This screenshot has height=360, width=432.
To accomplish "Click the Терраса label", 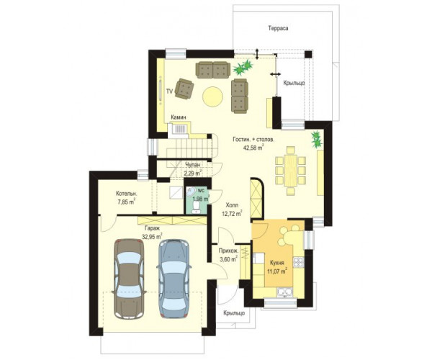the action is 278,28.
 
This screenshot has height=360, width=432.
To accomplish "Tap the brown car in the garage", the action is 129,279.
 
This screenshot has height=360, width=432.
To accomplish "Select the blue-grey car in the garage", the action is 174,278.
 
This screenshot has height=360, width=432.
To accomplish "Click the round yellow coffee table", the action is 212,96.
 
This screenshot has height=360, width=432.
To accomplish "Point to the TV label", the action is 169,91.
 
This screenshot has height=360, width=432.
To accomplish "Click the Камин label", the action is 179,117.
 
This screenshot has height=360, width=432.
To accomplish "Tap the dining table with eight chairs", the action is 290,171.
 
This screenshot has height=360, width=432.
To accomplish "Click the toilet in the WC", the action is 196,207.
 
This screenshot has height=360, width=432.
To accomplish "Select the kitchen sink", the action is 285,292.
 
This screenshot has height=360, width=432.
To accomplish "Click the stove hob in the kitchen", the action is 298,262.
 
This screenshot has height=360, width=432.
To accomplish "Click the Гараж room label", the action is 152,228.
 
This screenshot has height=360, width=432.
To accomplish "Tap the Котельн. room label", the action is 127,194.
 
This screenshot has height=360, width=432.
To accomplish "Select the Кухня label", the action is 277,263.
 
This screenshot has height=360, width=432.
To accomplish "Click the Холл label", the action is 232,205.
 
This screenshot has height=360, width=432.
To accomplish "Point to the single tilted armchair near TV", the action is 184,89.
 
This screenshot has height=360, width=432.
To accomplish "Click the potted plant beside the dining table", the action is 317,140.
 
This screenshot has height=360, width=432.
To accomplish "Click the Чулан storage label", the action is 192,165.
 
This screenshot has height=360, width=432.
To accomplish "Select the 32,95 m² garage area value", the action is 152,236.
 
